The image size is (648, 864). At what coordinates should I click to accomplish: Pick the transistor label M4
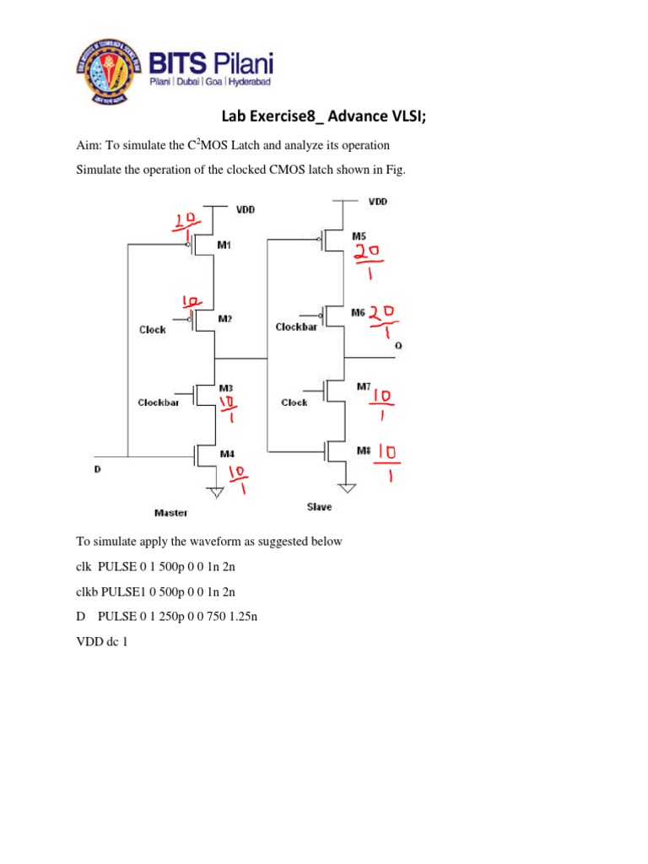pos(227,454)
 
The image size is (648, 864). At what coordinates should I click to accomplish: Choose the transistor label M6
pos(359,312)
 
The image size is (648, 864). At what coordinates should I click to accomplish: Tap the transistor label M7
pos(363,386)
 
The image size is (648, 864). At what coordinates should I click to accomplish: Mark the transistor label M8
pos(363,450)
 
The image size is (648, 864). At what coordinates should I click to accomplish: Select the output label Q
pos(399,345)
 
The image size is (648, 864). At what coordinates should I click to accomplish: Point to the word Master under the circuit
pos(170,512)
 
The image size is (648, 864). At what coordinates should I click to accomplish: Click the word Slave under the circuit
pos(320,506)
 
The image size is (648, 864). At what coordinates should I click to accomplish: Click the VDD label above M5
pos(377,202)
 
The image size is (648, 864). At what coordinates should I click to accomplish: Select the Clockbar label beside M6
pos(296,327)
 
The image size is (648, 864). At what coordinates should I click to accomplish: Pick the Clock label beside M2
pos(152,330)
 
